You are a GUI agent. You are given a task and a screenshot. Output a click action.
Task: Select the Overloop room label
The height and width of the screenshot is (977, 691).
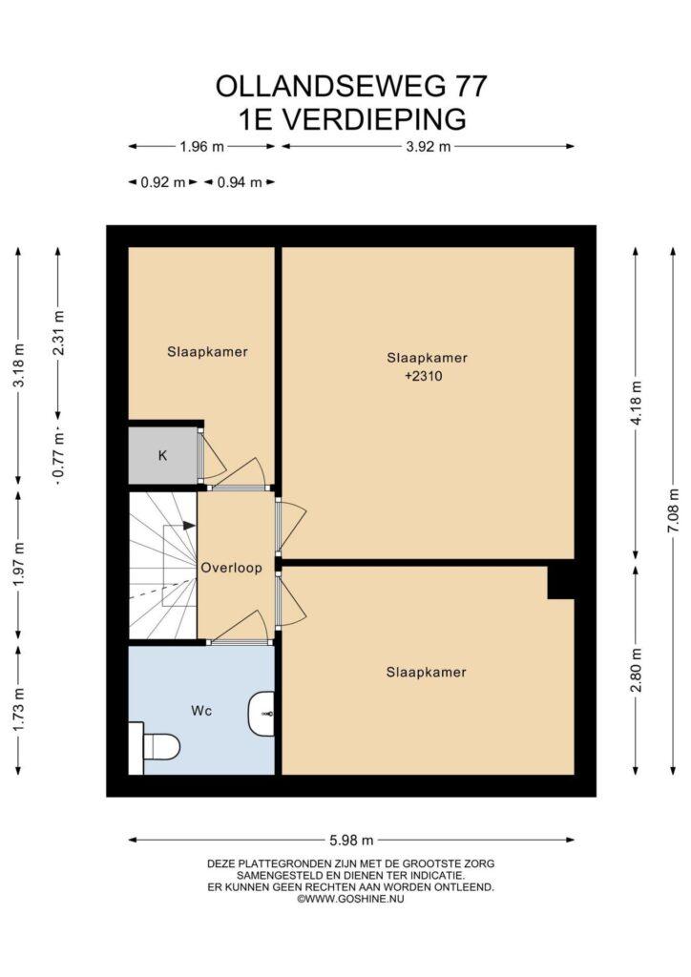pos(231,568)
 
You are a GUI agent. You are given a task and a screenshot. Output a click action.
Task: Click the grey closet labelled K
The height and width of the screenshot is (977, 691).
pos(162,455)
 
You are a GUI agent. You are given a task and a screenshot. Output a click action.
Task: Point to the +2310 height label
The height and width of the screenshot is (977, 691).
pos(424,376)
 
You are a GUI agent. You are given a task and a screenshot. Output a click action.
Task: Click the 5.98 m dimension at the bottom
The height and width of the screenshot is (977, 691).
pos(351,840)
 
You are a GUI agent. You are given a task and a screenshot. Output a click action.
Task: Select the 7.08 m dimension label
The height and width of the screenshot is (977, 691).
pos(674,510)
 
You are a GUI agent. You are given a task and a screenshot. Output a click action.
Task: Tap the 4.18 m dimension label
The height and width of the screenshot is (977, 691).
pos(637,403)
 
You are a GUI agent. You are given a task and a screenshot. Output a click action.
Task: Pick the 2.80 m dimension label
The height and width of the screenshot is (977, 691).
pos(637,670)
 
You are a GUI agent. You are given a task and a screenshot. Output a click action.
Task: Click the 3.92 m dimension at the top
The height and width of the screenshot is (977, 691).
pos(429,147)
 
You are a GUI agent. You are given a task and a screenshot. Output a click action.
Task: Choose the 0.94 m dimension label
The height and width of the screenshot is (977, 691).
pos(240,182)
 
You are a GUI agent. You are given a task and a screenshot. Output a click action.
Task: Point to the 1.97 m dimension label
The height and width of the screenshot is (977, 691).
pos(19,564)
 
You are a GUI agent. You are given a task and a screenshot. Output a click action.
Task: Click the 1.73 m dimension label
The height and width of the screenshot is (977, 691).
pos(19,709)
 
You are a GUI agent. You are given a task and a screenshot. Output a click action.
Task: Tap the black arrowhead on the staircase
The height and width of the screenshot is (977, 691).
pos(189,526)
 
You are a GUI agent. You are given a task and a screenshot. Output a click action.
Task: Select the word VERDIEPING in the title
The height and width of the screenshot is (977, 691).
pos(374,119)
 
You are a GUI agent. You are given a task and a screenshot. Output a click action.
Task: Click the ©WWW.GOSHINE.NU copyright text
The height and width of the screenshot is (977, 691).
pos(351,899)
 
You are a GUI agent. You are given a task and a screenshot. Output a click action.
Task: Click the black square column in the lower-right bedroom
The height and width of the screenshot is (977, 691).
pos(561,582)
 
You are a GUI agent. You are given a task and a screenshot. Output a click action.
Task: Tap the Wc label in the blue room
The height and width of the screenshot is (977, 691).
pos(201,711)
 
